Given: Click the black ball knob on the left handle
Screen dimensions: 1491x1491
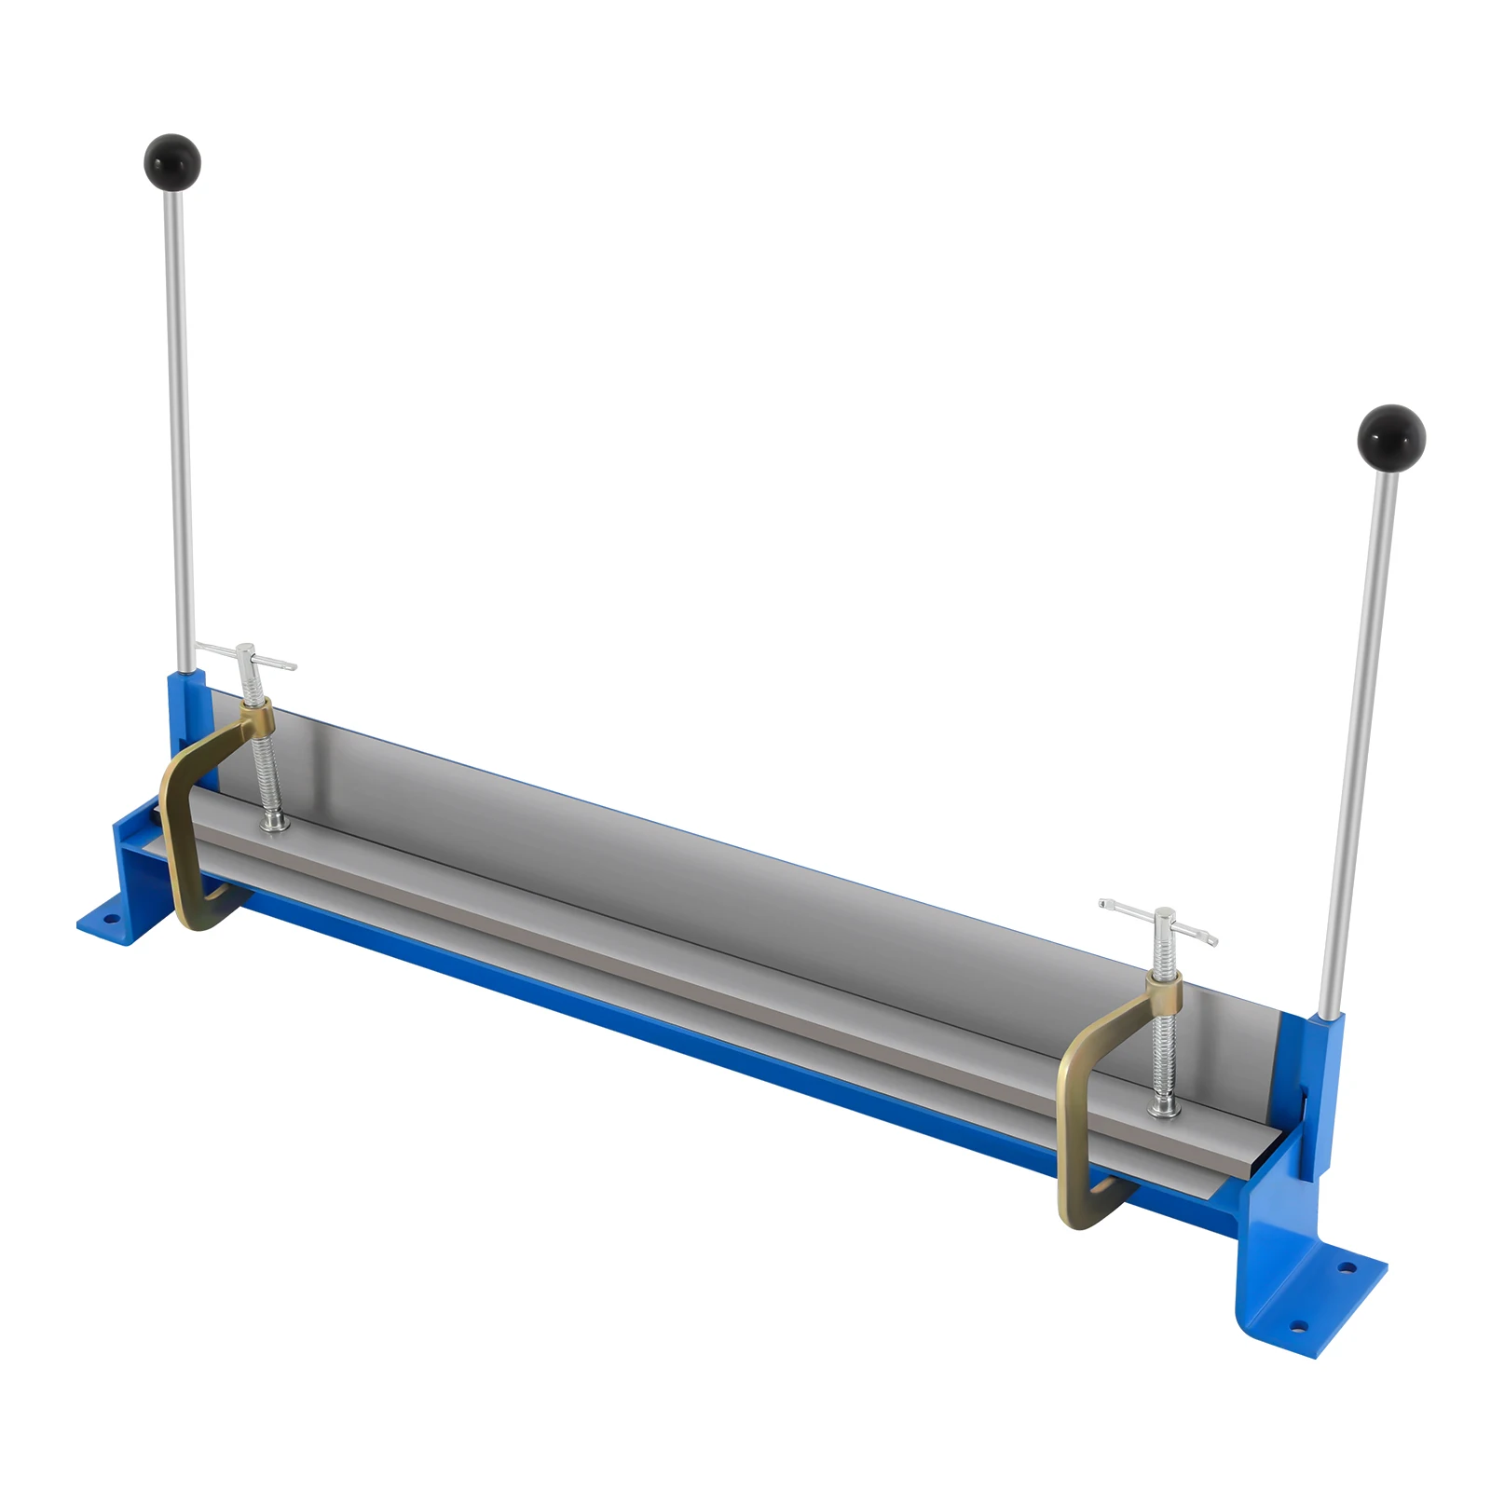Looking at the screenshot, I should [x=172, y=161].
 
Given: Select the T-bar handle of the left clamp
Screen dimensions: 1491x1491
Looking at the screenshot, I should [x=246, y=657].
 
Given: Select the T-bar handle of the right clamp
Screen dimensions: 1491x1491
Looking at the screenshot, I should [x=1159, y=923].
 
